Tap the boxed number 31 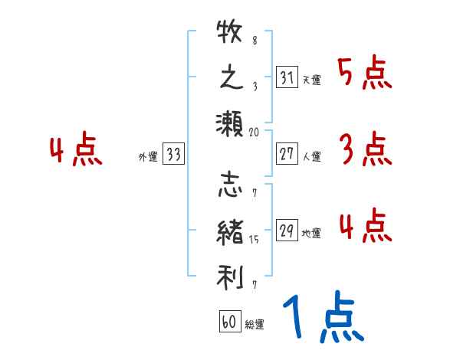[x=287, y=78]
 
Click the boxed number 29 [x=287, y=231]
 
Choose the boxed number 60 [x=229, y=322]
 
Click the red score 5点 [x=364, y=74]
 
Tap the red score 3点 [x=364, y=151]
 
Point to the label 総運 [x=255, y=325]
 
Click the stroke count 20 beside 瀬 [x=255, y=132]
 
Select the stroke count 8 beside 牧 [x=255, y=40]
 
